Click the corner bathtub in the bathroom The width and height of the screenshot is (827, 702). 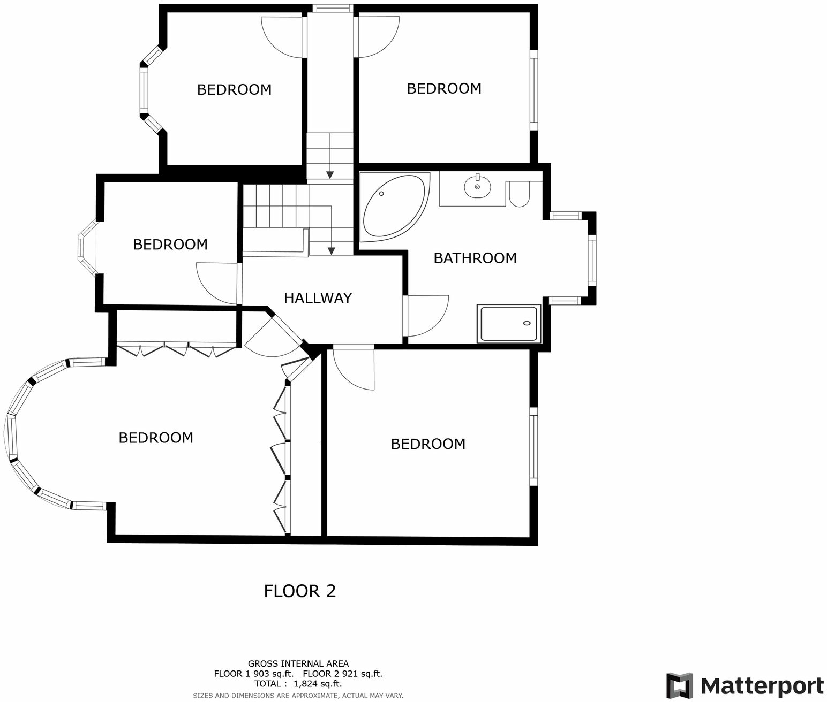tap(394, 206)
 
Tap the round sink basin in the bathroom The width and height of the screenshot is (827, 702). tap(477, 187)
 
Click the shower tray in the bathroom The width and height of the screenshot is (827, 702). tap(509, 324)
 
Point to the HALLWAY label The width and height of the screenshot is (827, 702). tap(318, 298)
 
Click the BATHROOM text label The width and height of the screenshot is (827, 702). tap(475, 258)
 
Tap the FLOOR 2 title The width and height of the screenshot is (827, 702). tap(300, 591)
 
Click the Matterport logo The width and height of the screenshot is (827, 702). tap(745, 685)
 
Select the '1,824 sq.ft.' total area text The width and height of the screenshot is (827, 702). tap(317, 683)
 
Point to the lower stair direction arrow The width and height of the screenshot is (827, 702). tap(332, 249)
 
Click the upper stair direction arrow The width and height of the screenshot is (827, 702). tap(330, 174)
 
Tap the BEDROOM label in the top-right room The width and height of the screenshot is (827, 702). tap(444, 89)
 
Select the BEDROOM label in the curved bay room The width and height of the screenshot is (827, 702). tap(156, 438)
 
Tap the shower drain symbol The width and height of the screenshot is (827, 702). tap(527, 323)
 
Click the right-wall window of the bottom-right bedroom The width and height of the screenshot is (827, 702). tap(533, 447)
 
